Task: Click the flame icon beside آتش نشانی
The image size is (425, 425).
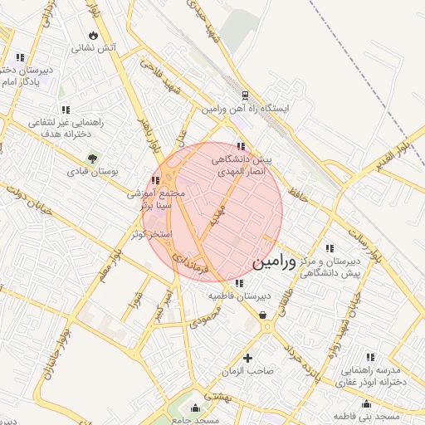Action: pyautogui.click(x=93, y=36)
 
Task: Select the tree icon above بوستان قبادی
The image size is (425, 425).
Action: pyautogui.click(x=91, y=159)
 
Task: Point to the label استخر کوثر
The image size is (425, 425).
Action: pyautogui.click(x=151, y=234)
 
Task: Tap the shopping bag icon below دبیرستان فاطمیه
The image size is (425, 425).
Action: pyautogui.click(x=263, y=315)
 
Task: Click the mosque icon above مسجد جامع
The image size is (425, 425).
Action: pyautogui.click(x=196, y=408)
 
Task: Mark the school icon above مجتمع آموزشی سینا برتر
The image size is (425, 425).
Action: pyautogui.click(x=155, y=180)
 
